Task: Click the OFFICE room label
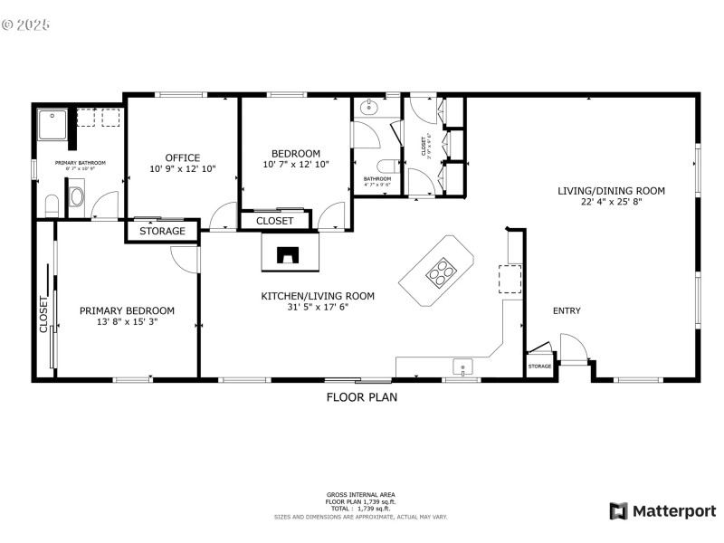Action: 182,157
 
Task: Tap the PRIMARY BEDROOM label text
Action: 127,310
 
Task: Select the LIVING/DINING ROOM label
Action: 611,191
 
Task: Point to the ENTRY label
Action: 567,311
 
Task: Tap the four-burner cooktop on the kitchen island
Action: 441,270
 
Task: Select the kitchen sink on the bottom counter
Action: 463,367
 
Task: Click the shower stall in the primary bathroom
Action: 53,125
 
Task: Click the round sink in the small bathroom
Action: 368,108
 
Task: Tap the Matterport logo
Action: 662,511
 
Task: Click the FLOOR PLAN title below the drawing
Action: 361,396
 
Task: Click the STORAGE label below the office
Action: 162,231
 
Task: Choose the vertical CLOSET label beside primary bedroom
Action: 43,316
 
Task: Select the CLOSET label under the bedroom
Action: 274,221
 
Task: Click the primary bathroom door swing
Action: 105,205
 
